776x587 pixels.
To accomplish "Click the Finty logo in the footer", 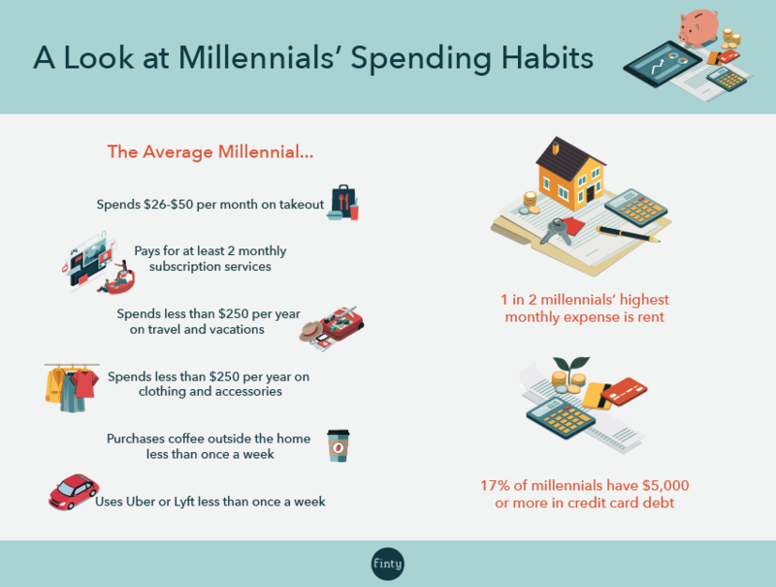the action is [387, 564].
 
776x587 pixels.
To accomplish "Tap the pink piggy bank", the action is [698, 27].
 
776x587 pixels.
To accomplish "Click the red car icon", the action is [74, 492].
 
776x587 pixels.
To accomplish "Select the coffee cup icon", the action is [339, 445].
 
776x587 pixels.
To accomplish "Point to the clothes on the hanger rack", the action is [72, 388].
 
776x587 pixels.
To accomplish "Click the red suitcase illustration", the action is [341, 323].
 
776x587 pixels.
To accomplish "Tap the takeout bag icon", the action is [343, 203].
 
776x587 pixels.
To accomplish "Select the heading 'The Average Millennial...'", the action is [210, 152].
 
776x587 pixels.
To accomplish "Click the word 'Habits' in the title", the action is [547, 57].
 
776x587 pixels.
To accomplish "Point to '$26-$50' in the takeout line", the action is [168, 205].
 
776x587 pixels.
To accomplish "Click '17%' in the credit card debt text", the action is [495, 485].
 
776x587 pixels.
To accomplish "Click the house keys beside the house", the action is [556, 232].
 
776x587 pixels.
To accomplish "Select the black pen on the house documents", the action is [629, 234].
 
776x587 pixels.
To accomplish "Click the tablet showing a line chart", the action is [663, 64].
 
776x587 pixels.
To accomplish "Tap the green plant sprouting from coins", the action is [571, 365].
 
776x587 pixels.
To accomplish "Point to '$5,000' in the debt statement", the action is [665, 485].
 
